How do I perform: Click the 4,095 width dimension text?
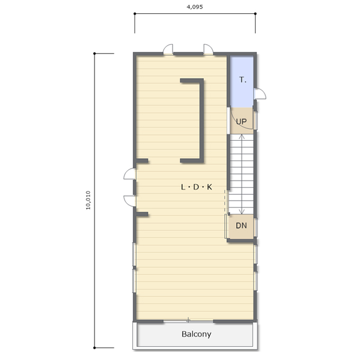click(195, 7)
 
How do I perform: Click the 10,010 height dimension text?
click(88, 200)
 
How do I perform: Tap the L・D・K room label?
click(196, 187)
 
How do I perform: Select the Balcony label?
click(196, 334)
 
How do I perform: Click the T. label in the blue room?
click(242, 79)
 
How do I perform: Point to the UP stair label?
click(241, 121)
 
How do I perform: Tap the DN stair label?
click(241, 226)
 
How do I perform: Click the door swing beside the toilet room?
click(260, 94)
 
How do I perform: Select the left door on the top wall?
click(168, 49)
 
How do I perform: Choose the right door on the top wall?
click(209, 49)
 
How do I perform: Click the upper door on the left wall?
click(130, 174)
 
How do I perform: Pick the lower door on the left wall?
click(130, 201)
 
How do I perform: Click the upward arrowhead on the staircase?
click(242, 137)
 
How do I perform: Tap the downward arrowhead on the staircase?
click(242, 212)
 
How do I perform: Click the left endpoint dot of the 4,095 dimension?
click(135, 14)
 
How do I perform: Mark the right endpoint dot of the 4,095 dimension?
click(255, 14)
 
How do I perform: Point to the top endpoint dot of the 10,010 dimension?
click(94, 53)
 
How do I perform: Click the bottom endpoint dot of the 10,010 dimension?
click(94, 348)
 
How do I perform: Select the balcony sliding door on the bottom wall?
click(188, 321)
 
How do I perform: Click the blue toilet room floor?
click(241, 82)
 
